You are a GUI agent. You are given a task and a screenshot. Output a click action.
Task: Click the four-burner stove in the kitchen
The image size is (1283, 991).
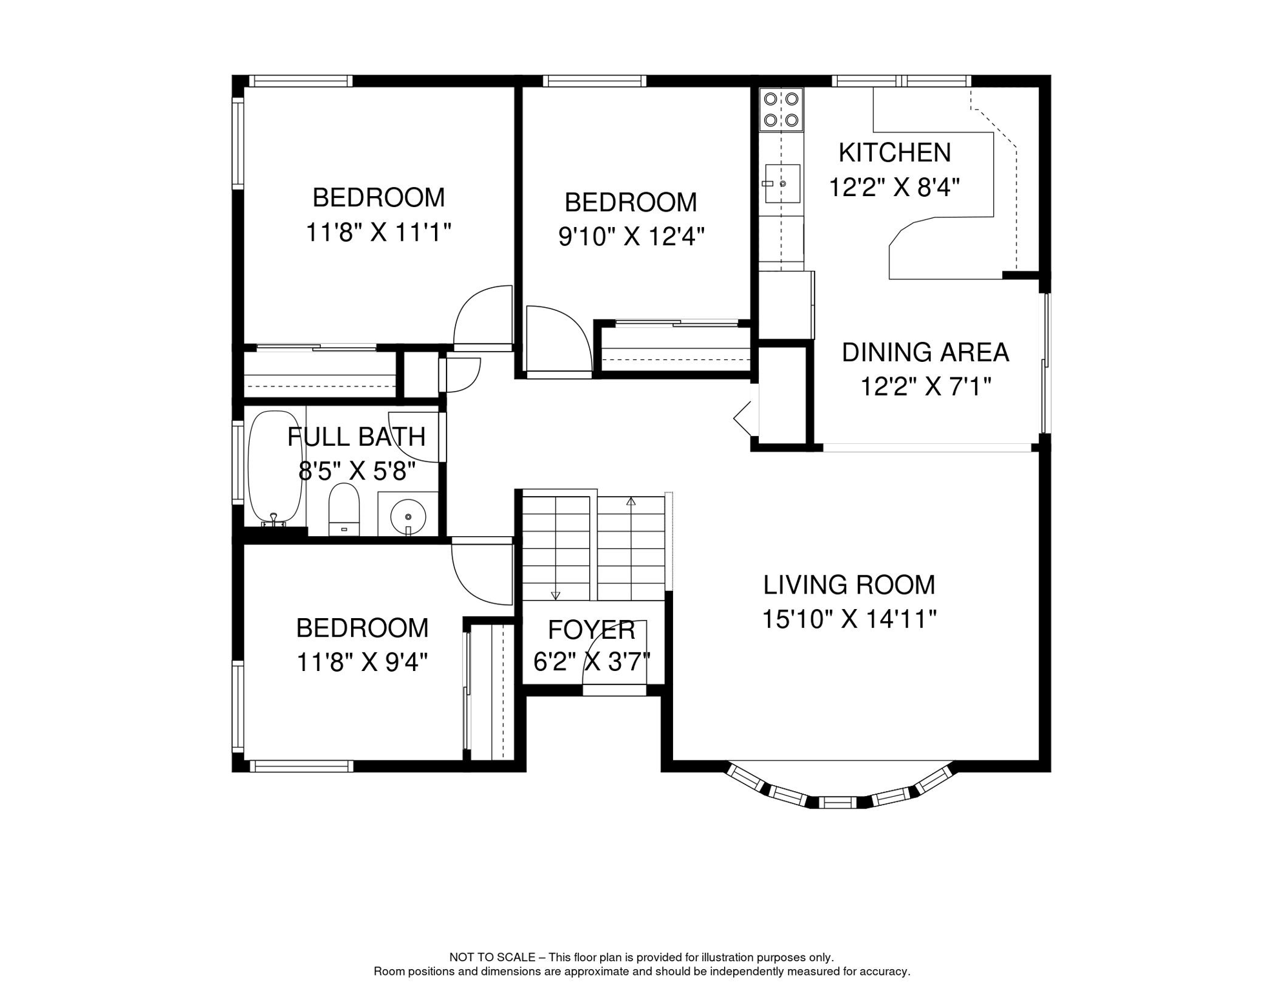coord(781,110)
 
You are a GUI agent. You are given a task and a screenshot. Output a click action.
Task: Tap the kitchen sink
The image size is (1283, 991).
coord(782,184)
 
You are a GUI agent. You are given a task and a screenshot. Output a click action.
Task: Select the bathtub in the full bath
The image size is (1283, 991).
coord(276,468)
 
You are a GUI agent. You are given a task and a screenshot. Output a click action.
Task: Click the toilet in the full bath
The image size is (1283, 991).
coord(344,509)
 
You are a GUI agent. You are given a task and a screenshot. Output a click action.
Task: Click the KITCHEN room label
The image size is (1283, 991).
coord(894,153)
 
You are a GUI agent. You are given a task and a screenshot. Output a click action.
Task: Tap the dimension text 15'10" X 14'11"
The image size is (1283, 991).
coord(849,619)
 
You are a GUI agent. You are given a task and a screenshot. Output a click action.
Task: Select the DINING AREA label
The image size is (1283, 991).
coord(925,352)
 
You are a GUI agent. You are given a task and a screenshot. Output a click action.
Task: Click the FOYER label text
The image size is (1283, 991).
coord(592,630)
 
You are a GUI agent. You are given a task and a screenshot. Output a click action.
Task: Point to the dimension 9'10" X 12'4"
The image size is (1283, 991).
coord(631,237)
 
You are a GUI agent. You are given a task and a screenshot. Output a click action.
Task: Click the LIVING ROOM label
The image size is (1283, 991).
coord(849,585)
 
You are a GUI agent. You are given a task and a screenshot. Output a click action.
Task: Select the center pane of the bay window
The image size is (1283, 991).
coord(837,803)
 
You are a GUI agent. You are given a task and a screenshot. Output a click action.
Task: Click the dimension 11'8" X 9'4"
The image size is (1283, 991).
coord(362,662)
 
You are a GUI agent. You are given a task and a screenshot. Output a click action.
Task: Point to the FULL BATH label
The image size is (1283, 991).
coord(356,437)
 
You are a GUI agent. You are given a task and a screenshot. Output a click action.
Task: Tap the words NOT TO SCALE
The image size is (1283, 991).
coord(492,957)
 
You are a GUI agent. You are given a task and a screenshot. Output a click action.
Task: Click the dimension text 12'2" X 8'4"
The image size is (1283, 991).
coord(894,187)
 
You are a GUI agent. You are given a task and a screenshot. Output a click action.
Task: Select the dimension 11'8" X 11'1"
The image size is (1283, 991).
coord(378,232)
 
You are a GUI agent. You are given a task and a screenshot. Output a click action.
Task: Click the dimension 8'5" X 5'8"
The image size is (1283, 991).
coord(356,472)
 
